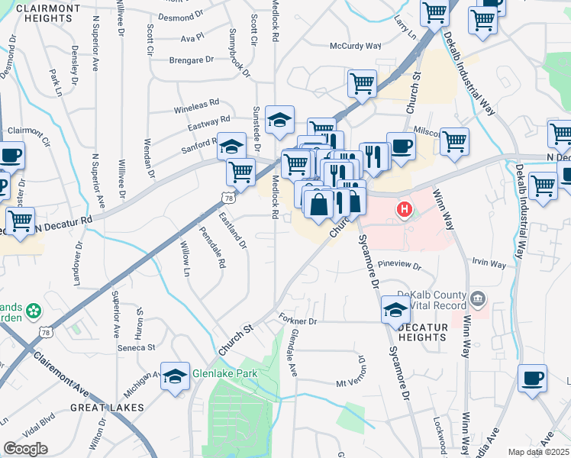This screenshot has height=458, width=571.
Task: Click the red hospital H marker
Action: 404,208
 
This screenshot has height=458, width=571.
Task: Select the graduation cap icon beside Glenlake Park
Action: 175,376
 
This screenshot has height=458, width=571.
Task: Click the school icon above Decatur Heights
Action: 395,308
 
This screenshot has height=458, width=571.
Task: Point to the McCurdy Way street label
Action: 355,46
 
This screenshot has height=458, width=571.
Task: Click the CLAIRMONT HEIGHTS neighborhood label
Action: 47,14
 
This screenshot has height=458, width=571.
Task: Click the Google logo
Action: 25,449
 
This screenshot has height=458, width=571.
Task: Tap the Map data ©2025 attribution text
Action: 538,452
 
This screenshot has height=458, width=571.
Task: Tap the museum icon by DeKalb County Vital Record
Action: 478,297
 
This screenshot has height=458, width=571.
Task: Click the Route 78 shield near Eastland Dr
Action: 227,198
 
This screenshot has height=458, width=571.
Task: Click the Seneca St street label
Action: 137,347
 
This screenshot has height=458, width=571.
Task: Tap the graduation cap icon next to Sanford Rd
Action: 231,144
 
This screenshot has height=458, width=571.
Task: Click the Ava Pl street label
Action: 192,36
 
